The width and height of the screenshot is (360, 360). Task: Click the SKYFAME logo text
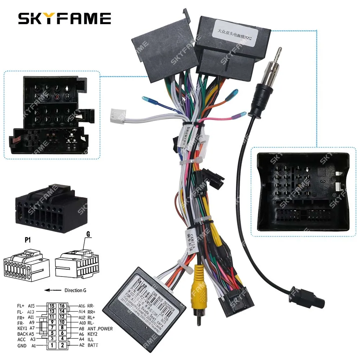[64, 18]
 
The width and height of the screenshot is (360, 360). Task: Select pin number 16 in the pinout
[62, 306]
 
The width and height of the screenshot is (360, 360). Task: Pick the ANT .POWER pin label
[100, 329]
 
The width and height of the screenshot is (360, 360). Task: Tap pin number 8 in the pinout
[62, 328]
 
